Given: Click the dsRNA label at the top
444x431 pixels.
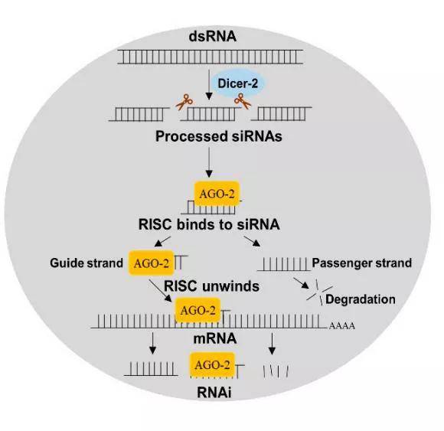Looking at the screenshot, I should [210, 36].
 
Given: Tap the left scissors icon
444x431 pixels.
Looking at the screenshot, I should [184, 100].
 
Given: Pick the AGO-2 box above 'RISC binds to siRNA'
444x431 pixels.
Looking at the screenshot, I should [211, 194].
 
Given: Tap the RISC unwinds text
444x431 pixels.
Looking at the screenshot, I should [211, 286].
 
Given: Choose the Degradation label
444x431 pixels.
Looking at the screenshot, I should [360, 299].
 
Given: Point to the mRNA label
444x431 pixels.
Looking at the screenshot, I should [210, 337].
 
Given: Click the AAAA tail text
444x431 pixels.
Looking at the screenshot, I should [341, 326].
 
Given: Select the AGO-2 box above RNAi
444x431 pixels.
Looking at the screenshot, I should [211, 367].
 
